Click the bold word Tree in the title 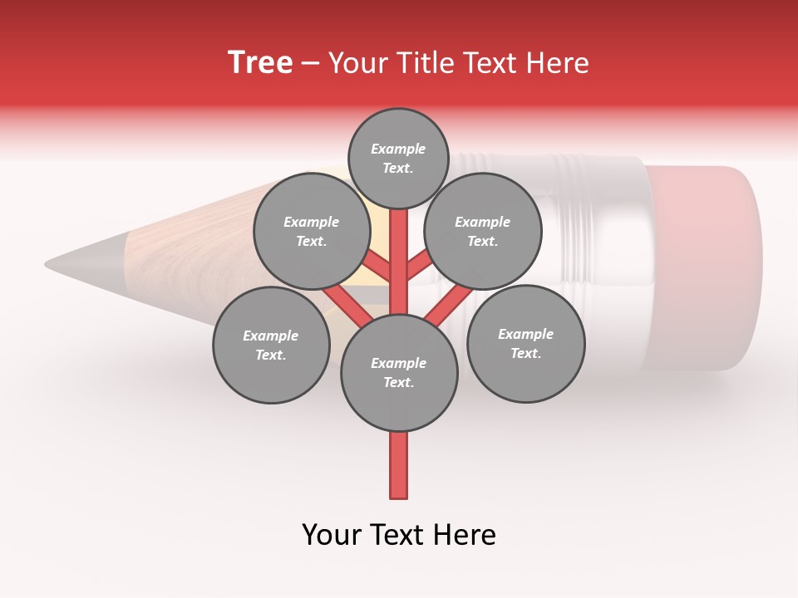coord(260,62)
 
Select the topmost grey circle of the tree coord(398,158)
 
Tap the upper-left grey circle coord(311,231)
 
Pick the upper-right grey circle coord(483,231)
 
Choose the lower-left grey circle coord(271,345)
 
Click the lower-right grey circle coord(525,343)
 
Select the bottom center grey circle coord(399,372)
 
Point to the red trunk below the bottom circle coord(399,465)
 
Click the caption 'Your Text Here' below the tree coord(399,535)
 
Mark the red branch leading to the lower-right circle coord(445,303)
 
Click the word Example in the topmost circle coord(398,149)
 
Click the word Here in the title coord(560,63)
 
